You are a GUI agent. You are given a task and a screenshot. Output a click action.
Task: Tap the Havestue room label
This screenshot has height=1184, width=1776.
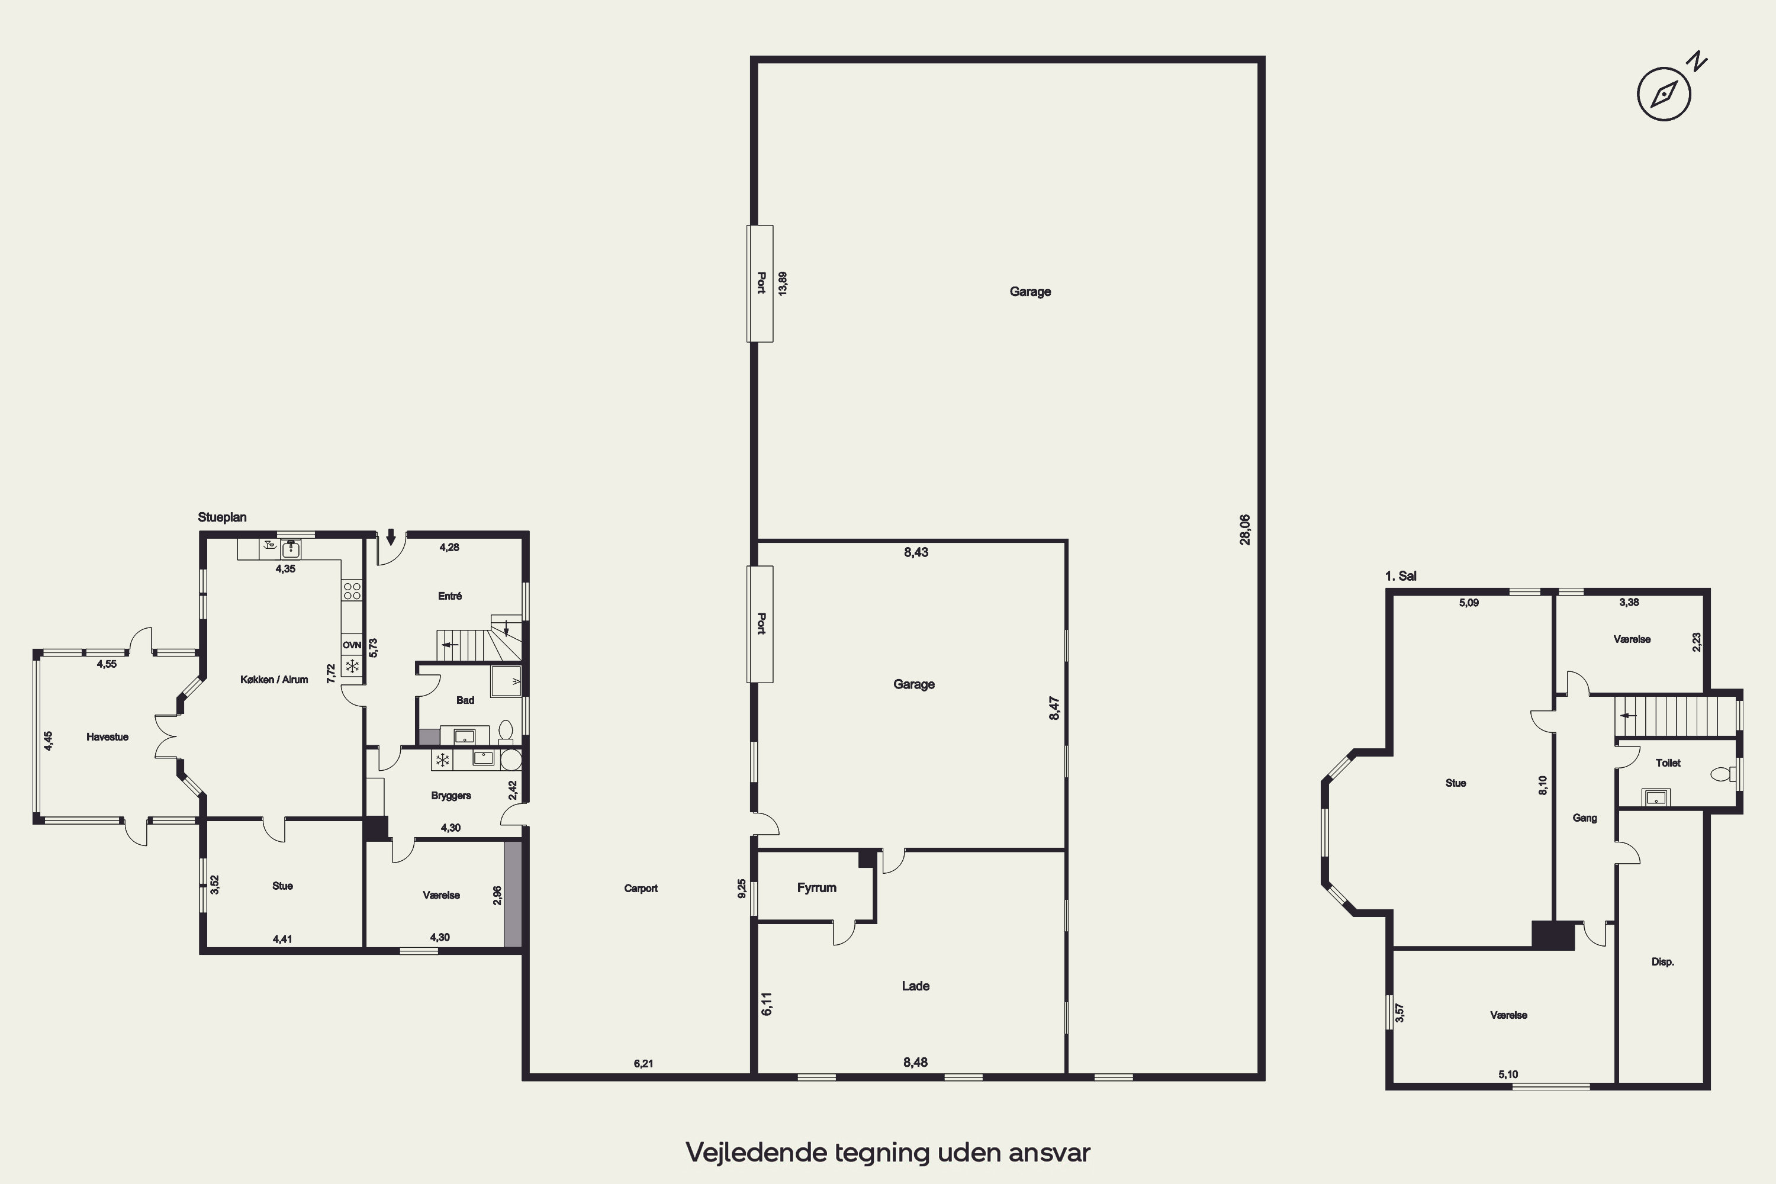click(x=107, y=737)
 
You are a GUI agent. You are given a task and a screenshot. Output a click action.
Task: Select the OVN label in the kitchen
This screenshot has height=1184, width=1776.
click(x=352, y=645)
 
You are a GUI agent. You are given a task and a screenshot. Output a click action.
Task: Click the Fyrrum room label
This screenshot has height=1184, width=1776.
click(x=816, y=888)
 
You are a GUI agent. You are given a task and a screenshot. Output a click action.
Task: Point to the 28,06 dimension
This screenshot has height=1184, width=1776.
click(x=1245, y=529)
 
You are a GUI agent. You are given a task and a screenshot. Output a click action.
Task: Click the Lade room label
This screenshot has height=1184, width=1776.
click(x=915, y=986)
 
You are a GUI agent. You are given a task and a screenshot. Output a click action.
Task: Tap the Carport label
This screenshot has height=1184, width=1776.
click(x=641, y=888)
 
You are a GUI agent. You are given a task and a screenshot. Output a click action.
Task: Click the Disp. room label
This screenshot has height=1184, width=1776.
click(x=1663, y=962)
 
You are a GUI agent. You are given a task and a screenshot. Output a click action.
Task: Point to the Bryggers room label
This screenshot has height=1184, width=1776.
click(x=451, y=796)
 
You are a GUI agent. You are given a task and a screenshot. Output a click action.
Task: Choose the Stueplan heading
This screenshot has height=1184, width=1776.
click(x=222, y=517)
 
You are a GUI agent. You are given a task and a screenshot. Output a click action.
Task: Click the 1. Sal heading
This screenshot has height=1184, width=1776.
click(x=1401, y=576)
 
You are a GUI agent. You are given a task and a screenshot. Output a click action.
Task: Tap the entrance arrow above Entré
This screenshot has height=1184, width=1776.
click(x=390, y=537)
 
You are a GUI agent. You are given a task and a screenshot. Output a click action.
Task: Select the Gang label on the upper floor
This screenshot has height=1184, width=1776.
click(x=1584, y=818)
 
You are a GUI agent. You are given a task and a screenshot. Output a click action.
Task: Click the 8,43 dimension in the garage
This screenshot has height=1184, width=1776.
click(x=916, y=552)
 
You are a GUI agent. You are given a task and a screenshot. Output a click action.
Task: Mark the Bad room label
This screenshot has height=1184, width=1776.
click(x=465, y=700)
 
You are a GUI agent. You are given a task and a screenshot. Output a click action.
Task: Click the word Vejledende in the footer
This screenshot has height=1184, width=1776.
click(x=757, y=1152)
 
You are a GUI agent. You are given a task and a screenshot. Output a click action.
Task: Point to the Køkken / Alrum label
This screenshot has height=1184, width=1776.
click(x=274, y=680)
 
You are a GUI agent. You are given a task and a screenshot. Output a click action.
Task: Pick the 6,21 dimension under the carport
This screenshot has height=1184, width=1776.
click(x=644, y=1064)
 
